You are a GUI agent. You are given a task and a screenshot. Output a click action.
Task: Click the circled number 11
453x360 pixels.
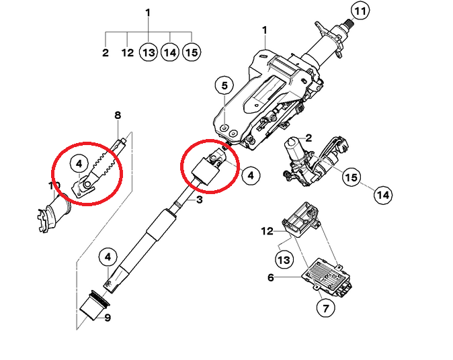[x=361, y=11]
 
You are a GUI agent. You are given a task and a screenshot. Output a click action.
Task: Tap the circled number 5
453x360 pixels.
[x=224, y=86]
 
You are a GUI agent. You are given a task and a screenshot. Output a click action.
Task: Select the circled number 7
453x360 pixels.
[x=325, y=309]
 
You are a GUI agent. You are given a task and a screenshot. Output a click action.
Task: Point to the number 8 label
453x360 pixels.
[x=118, y=116]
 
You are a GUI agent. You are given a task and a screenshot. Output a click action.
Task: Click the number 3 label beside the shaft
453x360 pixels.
[x=199, y=199]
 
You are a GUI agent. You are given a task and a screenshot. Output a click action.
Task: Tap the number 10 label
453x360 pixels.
[x=54, y=185]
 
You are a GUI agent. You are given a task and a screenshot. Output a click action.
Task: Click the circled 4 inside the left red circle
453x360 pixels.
[x=79, y=163]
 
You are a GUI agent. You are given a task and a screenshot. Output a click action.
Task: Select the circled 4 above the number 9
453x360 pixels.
[x=108, y=257]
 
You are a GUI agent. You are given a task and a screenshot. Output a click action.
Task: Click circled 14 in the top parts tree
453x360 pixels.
[x=170, y=52]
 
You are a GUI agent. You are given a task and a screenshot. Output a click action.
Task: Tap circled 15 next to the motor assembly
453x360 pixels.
[x=350, y=177]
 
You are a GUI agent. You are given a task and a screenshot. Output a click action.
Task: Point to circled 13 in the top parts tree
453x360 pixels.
[x=149, y=52]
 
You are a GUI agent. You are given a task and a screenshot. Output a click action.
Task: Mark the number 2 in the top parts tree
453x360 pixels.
[x=106, y=52]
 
